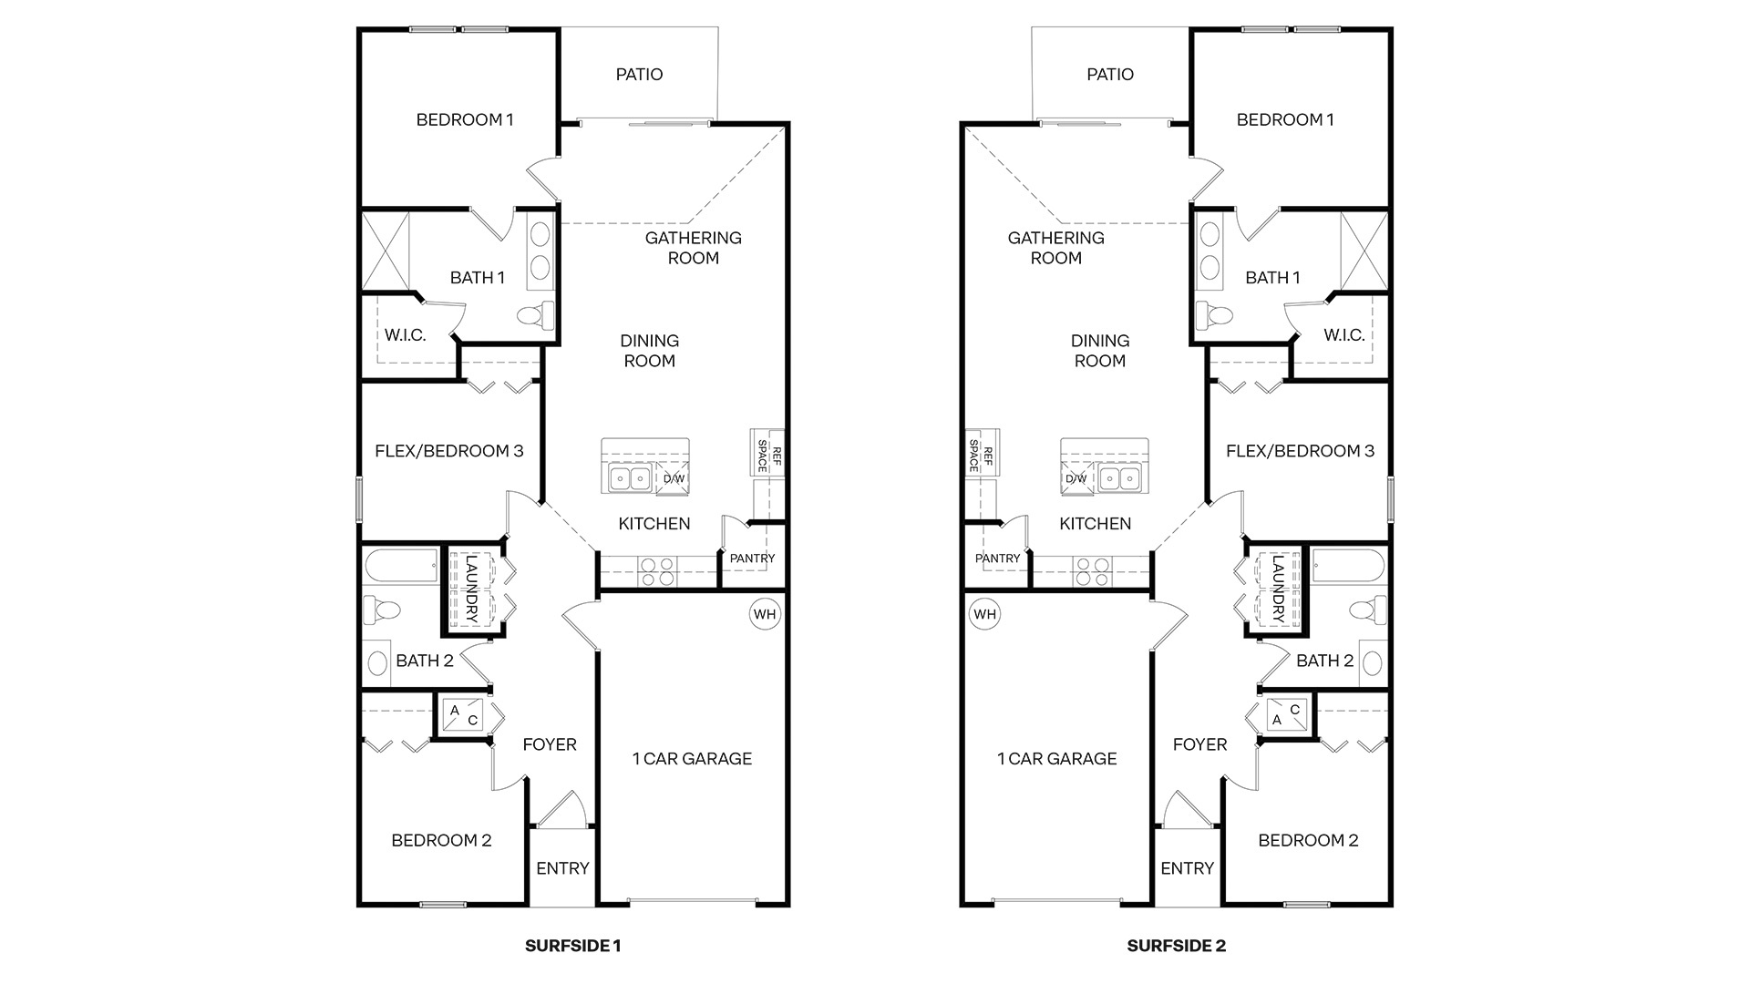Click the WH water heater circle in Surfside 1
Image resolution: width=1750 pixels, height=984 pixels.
click(765, 614)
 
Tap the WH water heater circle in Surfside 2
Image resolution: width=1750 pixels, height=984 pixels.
click(984, 614)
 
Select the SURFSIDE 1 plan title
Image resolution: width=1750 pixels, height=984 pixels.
click(572, 946)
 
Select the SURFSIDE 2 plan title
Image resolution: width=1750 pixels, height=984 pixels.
click(1176, 946)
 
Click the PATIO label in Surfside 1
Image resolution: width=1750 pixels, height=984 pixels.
click(639, 75)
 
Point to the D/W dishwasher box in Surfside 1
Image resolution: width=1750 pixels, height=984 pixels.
click(673, 478)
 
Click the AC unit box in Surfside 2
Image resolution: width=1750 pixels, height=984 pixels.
click(1286, 714)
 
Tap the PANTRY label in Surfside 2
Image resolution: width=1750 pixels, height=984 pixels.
click(997, 559)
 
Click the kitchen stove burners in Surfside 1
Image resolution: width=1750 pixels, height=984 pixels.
click(657, 571)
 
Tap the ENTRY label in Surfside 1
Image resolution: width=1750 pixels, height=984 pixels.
click(562, 868)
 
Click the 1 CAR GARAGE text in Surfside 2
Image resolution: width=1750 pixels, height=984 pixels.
click(1056, 758)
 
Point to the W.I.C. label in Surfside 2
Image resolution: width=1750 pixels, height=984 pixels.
click(1343, 335)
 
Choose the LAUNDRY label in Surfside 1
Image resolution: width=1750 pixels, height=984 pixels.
click(471, 589)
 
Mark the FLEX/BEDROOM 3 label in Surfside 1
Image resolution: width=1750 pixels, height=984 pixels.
click(448, 451)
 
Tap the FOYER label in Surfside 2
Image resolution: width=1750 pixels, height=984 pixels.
click(1199, 744)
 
